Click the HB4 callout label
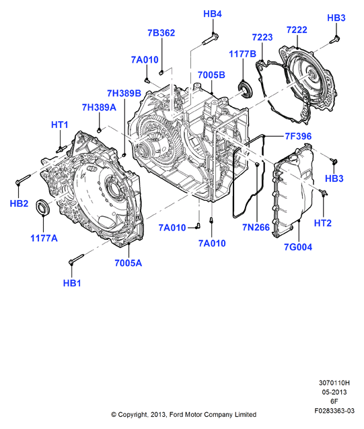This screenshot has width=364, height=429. coord(213,13)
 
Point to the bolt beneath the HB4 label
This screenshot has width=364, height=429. coord(211,38)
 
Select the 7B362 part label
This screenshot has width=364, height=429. coord(161,33)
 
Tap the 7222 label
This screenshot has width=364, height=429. coord(297,30)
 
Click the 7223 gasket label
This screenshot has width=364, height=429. coord(262,37)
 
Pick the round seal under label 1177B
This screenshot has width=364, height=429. coord(245,89)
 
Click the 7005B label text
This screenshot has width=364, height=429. coord(211,75)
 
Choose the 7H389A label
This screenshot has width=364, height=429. coord(99,108)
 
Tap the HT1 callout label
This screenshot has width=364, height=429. coord(60,125)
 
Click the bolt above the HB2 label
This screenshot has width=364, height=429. coord(24,178)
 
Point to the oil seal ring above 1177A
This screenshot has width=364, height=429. coord(43,207)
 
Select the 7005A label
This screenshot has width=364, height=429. coord(128,263)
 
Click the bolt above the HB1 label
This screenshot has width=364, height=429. coord(76,259)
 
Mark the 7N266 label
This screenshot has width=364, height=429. coord(256,227)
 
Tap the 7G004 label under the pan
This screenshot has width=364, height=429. coord(298,247)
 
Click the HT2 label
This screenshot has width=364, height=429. coord(323,223)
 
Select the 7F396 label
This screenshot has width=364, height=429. coord(298,136)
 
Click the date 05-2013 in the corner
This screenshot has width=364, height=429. coord(334,392)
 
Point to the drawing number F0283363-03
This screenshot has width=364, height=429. coord(334,411)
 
